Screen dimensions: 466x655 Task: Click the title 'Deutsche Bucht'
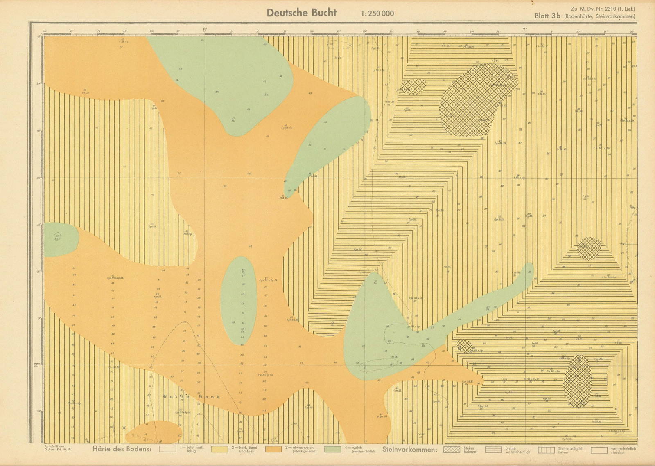click(301, 13)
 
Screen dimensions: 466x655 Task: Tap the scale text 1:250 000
click(377, 14)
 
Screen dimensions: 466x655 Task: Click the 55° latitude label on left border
click(36, 365)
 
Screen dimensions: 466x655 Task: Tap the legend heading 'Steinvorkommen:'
click(410, 450)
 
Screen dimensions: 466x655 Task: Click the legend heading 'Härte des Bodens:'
click(123, 450)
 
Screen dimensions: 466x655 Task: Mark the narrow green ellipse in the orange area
click(239, 301)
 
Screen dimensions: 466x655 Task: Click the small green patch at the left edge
click(59, 239)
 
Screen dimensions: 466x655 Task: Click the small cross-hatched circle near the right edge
click(589, 248)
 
